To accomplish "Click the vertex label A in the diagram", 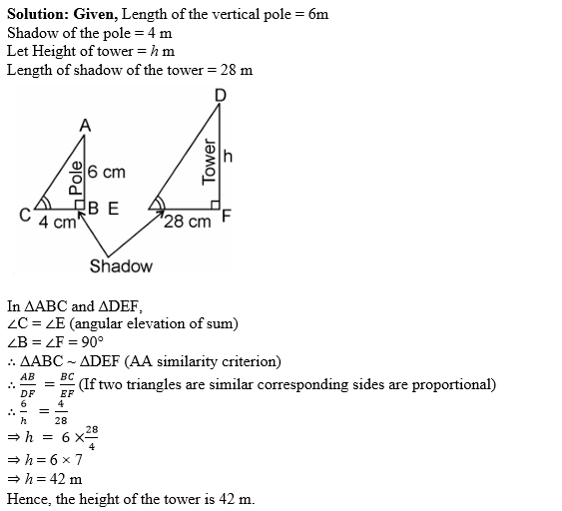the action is pyautogui.click(x=85, y=126).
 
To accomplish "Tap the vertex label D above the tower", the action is pyautogui.click(x=220, y=96).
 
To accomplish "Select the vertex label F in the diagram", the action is pyautogui.click(x=227, y=217).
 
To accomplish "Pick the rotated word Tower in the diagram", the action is pyautogui.click(x=209, y=161).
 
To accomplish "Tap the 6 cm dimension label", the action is pyautogui.click(x=107, y=173).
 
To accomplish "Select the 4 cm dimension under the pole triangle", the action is pyautogui.click(x=57, y=223).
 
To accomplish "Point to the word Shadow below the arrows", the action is pyautogui.click(x=121, y=266).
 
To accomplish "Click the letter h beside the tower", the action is pyautogui.click(x=229, y=157).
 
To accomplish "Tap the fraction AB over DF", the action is pyautogui.click(x=27, y=384).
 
